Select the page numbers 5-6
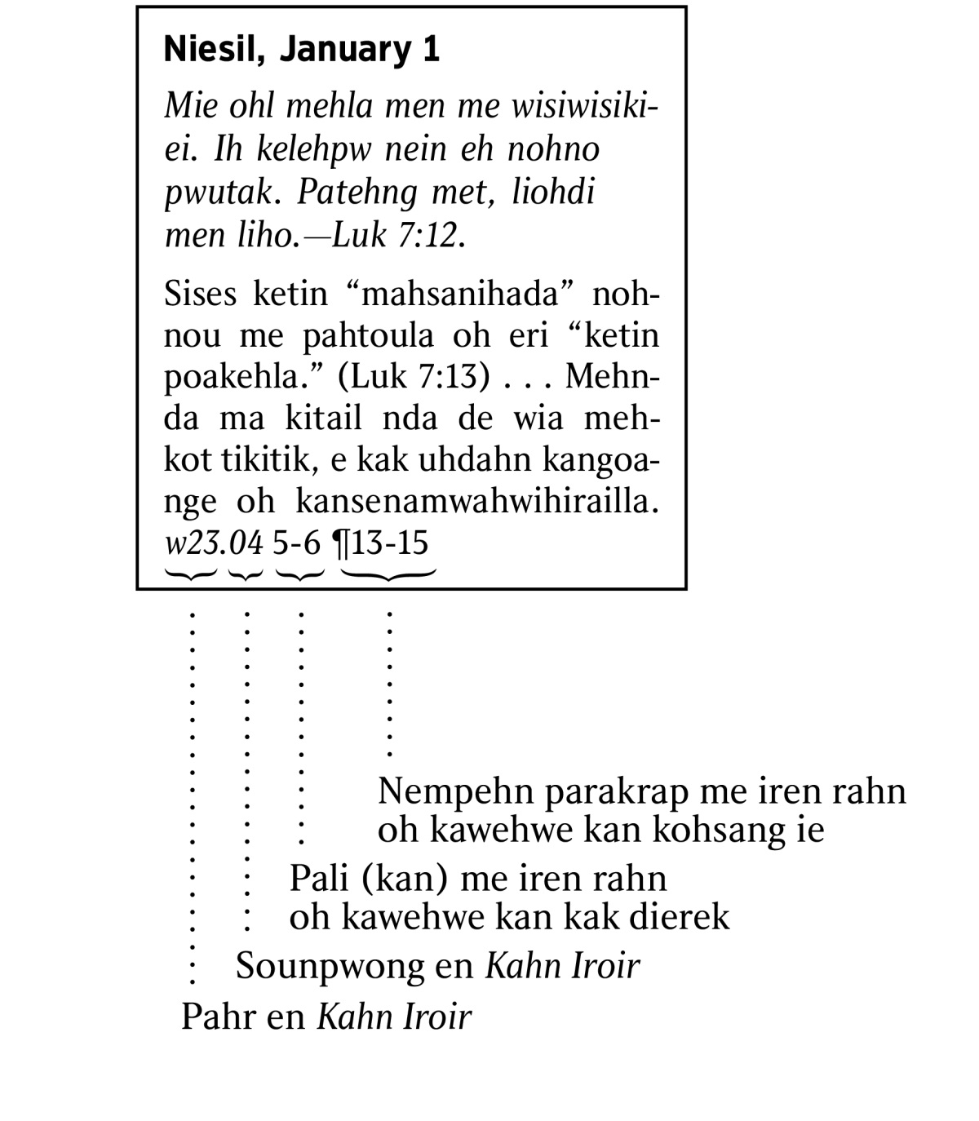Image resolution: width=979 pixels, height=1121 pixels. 297,543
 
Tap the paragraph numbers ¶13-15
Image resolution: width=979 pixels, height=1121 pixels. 380,543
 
